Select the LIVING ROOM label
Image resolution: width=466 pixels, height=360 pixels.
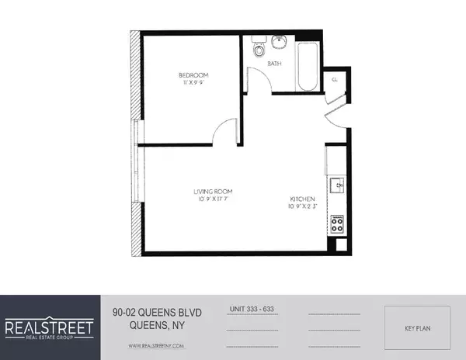(x=214, y=191)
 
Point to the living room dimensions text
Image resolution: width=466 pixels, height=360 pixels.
(x=214, y=199)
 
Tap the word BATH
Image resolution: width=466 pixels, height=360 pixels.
(x=274, y=64)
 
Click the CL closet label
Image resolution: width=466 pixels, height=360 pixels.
(x=334, y=79)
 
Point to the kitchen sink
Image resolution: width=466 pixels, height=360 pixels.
(x=337, y=186)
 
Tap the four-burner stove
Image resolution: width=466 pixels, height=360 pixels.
(x=337, y=224)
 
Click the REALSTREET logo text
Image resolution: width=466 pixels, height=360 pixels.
(x=50, y=326)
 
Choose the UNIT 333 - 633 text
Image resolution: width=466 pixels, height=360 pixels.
(x=252, y=309)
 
